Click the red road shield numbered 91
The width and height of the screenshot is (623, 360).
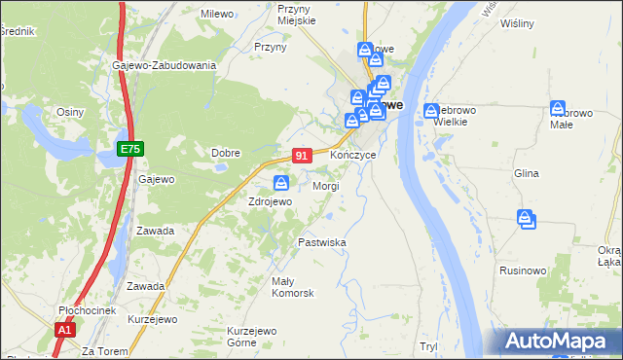(302, 156)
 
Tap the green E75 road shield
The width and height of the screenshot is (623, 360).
(130, 148)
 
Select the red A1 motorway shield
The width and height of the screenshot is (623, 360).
(64, 330)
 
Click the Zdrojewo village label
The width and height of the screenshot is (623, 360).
(270, 201)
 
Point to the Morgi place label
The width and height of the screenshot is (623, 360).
(325, 185)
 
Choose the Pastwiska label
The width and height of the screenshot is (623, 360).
(322, 242)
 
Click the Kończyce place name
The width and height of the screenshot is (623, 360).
(352, 156)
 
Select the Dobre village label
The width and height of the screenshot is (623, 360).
(226, 153)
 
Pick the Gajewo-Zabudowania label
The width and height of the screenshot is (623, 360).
(164, 65)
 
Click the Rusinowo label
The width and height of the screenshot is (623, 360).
(523, 270)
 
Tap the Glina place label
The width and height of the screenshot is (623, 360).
(526, 173)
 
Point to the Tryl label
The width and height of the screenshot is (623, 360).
(428, 346)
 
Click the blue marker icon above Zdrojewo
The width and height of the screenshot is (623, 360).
(281, 182)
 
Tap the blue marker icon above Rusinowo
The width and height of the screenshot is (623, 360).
(527, 219)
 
